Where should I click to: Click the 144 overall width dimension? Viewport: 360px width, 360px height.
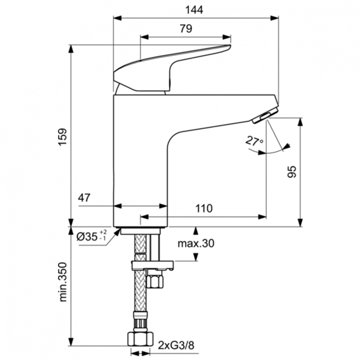[196, 10]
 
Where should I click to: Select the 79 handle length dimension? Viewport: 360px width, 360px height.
[186, 29]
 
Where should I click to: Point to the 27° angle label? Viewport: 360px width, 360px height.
[254, 141]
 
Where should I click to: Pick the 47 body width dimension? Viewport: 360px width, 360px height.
[85, 198]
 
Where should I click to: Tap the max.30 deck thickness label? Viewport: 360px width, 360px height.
[195, 243]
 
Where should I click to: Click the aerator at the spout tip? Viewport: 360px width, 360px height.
[263, 116]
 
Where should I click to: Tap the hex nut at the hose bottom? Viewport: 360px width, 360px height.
[139, 339]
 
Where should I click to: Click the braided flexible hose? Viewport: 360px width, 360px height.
[139, 298]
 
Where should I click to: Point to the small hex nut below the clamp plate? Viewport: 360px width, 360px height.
[155, 280]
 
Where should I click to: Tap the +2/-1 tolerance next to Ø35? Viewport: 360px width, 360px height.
[103, 236]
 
